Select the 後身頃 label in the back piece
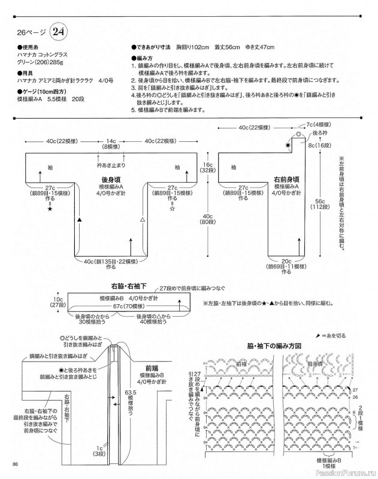point(108,179)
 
